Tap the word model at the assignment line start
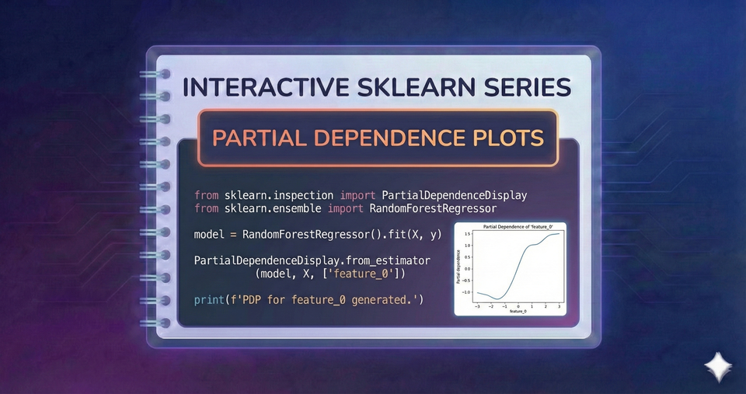(x=209, y=234)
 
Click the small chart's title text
(x=511, y=228)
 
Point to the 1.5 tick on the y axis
(x=468, y=233)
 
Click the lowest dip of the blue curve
(x=497, y=298)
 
